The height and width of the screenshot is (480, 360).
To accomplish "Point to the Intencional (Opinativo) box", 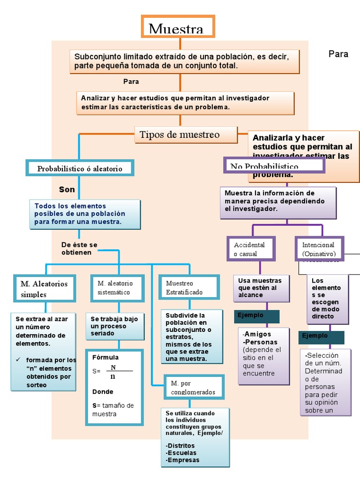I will [x=318, y=249].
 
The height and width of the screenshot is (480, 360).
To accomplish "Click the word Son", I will [x=67, y=189].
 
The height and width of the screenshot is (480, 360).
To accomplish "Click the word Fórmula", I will [x=105, y=357].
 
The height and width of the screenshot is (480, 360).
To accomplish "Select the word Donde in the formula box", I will [x=103, y=391].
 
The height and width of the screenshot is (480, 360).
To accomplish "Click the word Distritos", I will [x=182, y=445].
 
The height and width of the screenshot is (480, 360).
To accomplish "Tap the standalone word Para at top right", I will [x=338, y=54].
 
